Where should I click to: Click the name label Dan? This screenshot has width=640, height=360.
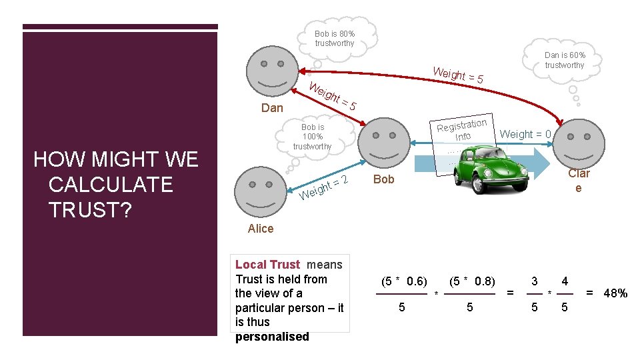click(x=272, y=108)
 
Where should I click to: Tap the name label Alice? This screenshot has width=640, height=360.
click(x=260, y=229)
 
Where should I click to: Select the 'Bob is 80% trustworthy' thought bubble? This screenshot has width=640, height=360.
click(x=335, y=39)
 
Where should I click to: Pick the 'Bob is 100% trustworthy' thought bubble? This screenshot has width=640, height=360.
click(x=312, y=137)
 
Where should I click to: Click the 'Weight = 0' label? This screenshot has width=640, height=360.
click(x=525, y=135)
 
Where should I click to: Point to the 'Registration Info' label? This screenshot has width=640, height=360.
click(x=463, y=129)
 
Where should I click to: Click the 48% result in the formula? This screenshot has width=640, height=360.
click(x=615, y=293)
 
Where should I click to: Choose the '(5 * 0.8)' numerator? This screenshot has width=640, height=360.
click(x=471, y=281)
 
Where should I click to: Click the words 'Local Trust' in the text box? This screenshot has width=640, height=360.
click(x=268, y=265)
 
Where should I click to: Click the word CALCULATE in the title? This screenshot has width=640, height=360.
click(x=111, y=185)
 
